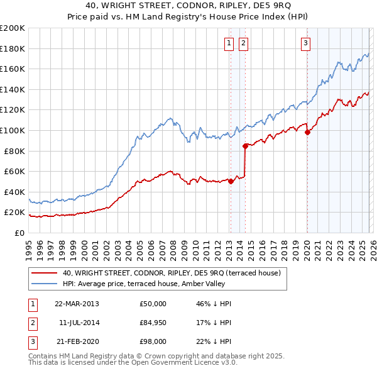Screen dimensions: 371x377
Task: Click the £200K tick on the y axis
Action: (13, 28)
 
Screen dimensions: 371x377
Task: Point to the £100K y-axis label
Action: (13, 130)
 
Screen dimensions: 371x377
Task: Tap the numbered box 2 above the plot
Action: (243, 43)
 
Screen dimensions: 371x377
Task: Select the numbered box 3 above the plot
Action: (305, 43)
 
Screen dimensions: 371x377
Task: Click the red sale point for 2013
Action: (231, 182)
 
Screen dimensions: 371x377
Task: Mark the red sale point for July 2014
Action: (245, 146)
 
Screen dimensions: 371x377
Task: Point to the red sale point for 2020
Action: (307, 132)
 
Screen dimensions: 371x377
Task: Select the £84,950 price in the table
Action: (153, 323)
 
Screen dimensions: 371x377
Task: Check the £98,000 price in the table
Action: (153, 341)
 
